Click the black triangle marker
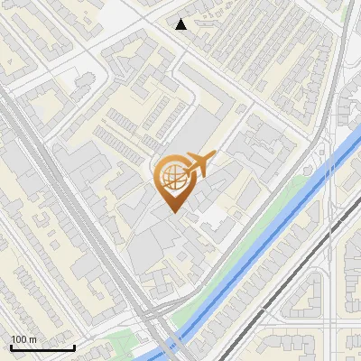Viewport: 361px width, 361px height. click(x=181, y=24)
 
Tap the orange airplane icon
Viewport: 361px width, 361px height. click(x=199, y=163)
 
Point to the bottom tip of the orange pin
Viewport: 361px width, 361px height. click(x=172, y=213)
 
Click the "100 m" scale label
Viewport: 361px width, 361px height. click(x=23, y=339)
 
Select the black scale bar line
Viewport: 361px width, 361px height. click(x=42, y=347)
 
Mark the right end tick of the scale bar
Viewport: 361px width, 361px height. click(x=74, y=346)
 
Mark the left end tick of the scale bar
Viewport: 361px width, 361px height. click(x=11, y=346)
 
